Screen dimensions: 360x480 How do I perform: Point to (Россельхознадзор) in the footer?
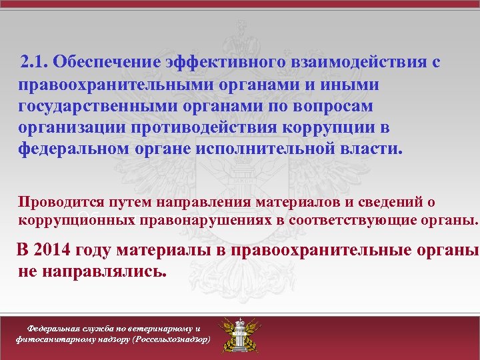point(173,339)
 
